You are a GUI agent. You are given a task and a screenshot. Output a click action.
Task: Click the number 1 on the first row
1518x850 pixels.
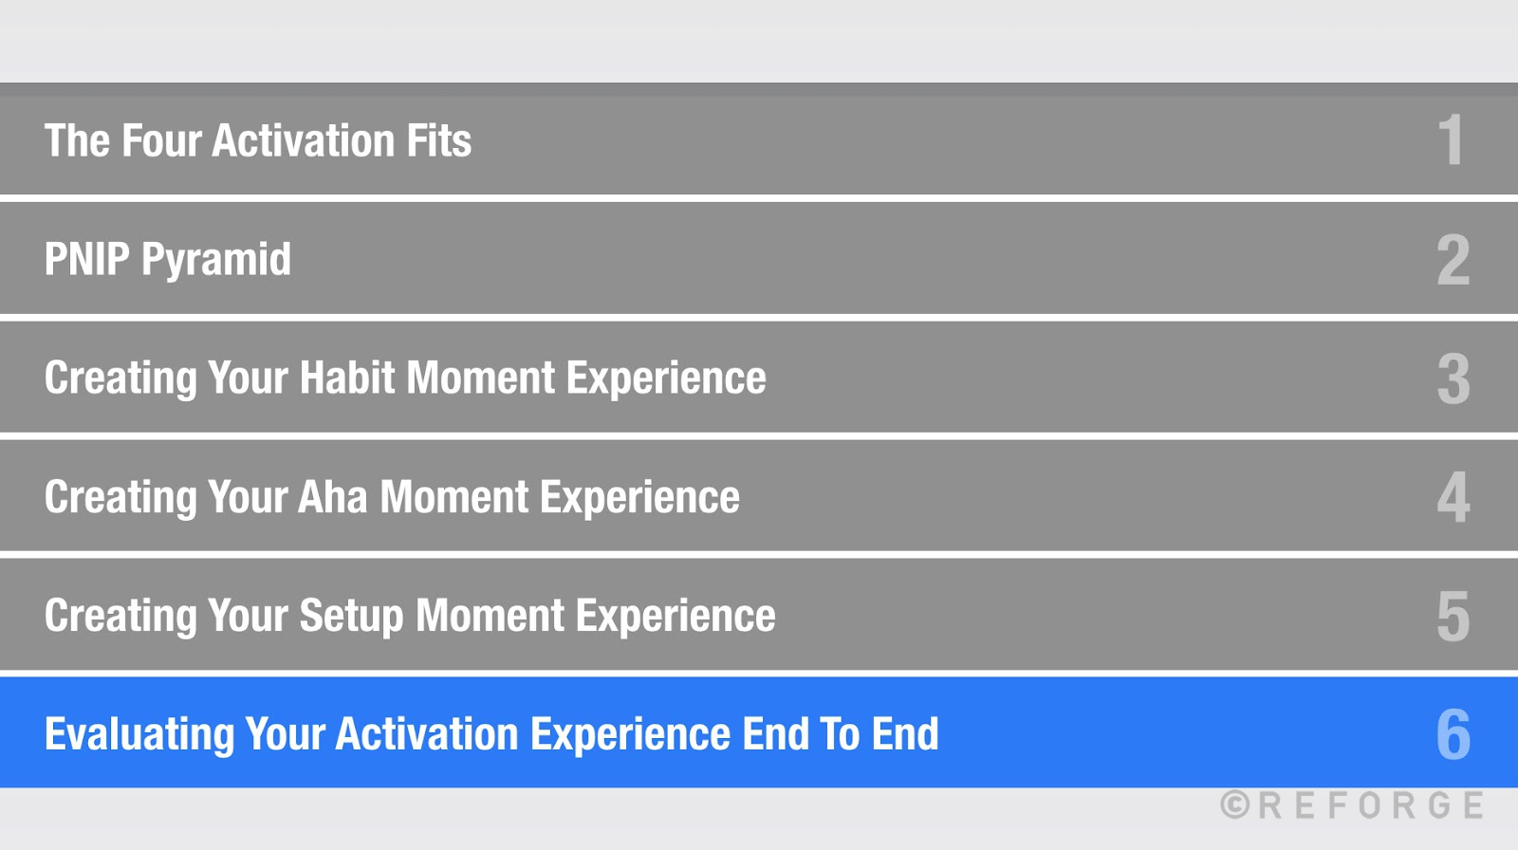click(x=1451, y=140)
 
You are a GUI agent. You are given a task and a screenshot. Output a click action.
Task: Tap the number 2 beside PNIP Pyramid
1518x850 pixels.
click(x=1453, y=260)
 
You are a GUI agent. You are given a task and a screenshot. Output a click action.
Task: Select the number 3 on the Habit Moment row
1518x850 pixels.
click(x=1453, y=379)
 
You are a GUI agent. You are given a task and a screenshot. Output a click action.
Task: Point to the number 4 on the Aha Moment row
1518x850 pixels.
click(x=1453, y=497)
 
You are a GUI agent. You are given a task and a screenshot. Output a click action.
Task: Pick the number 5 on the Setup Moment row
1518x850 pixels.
click(x=1453, y=617)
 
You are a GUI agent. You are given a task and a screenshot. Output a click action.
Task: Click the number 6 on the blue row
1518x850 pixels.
click(x=1453, y=735)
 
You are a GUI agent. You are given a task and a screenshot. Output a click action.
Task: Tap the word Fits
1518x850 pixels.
click(x=438, y=141)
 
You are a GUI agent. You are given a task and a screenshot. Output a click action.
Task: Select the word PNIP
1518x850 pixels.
click(x=86, y=260)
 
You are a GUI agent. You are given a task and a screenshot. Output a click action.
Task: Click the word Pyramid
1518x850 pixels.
click(x=216, y=260)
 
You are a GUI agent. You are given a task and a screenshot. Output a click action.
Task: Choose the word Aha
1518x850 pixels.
click(x=332, y=497)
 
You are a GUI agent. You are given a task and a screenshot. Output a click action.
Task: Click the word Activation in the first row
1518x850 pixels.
click(x=303, y=141)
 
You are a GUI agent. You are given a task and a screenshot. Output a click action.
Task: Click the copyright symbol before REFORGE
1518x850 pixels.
click(x=1234, y=805)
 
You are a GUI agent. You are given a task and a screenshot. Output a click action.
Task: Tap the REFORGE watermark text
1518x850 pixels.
click(x=1371, y=805)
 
